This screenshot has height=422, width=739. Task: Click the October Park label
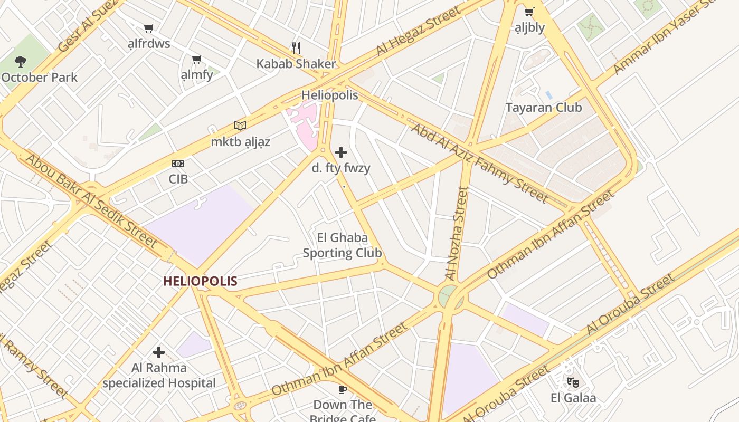click(x=39, y=77)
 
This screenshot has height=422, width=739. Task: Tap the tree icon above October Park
click(x=21, y=62)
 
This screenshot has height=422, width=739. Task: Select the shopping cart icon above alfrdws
click(x=149, y=28)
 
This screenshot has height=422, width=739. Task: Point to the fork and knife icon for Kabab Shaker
click(x=296, y=48)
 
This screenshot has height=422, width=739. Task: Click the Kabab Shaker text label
click(x=296, y=64)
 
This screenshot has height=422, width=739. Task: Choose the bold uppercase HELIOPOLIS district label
click(x=200, y=281)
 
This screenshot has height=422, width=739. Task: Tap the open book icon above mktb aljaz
click(x=240, y=126)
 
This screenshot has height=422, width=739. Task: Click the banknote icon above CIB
click(x=178, y=164)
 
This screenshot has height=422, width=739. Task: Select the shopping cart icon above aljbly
click(x=529, y=12)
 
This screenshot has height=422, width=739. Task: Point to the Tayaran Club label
click(x=544, y=108)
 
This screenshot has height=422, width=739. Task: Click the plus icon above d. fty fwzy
click(x=341, y=152)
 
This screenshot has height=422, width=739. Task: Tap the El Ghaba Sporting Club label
click(x=342, y=245)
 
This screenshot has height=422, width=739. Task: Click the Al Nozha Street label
click(x=457, y=233)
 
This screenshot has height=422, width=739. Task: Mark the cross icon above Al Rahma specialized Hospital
click(x=159, y=352)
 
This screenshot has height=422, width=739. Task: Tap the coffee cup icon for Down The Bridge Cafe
click(x=342, y=389)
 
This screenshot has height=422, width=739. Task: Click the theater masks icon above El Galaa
click(x=573, y=382)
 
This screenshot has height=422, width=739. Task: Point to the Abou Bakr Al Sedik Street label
click(x=91, y=200)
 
